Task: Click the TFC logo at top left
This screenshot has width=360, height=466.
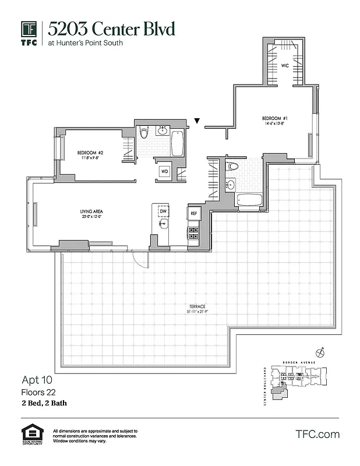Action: click(x=29, y=33)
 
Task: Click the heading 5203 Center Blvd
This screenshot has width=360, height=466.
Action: click(x=111, y=28)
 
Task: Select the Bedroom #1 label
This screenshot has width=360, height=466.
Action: click(x=273, y=117)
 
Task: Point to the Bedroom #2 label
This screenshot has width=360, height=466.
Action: click(x=90, y=154)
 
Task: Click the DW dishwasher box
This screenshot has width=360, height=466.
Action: click(x=163, y=211)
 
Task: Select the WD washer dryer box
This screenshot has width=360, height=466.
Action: click(x=165, y=172)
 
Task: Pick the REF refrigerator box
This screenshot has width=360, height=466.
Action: click(x=194, y=214)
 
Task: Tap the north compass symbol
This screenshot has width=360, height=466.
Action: click(x=319, y=352)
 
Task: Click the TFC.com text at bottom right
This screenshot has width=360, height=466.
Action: click(x=317, y=434)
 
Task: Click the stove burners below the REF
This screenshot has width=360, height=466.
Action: click(x=193, y=232)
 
